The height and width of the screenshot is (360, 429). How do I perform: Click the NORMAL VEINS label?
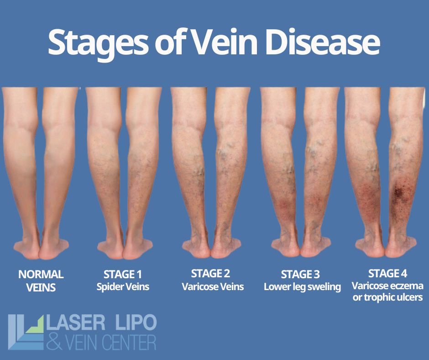tap(41, 281)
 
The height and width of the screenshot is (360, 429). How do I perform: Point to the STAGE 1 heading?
tap(122, 275)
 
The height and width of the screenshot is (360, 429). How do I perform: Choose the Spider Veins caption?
tap(122, 287)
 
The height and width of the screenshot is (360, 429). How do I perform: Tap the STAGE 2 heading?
tap(210, 274)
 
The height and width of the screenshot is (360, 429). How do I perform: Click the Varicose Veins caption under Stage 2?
tap(212, 287)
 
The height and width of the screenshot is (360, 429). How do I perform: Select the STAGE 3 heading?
tap(300, 275)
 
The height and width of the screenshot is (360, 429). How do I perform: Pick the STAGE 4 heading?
tap(387, 274)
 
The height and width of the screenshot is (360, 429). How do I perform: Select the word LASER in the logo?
tap(77, 323)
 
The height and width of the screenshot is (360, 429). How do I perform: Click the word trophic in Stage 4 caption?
tap(379, 297)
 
